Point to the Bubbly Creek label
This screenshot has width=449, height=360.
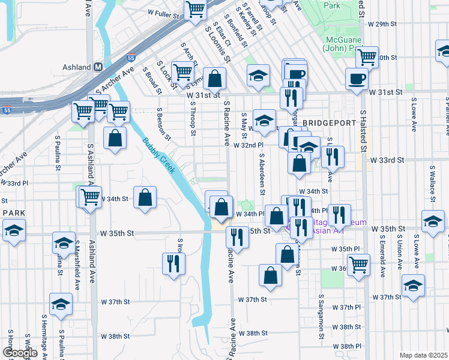158,156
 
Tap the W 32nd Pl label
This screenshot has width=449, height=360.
249,145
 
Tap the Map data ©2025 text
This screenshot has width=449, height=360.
423,355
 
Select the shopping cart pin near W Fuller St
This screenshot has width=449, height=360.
195,10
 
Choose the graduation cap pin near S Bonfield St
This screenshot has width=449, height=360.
258,76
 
